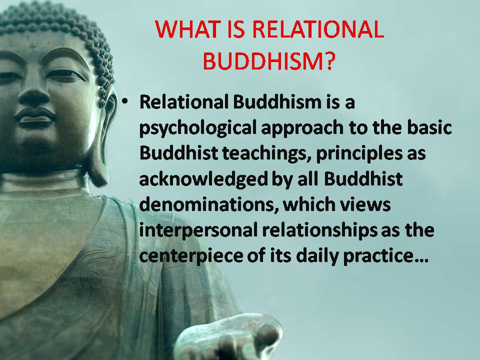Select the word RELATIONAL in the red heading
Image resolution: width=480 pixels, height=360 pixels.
tap(318, 29)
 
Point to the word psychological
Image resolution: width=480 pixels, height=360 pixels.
tap(198, 128)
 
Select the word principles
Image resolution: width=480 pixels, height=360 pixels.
tap(359, 154)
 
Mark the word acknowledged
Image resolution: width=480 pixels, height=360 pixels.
tap(203, 179)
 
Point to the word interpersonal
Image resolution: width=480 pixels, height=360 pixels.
tap(198, 230)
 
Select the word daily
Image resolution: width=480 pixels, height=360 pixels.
tap(317, 256)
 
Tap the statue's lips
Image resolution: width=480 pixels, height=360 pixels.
tap(35, 116)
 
